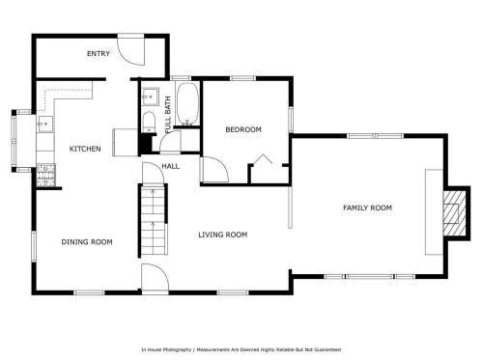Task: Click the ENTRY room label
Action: [x=99, y=54]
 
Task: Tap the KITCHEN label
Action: [x=85, y=149]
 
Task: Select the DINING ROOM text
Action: [x=87, y=242]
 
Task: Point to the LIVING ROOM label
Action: [x=223, y=235]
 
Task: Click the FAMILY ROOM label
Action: [x=367, y=208]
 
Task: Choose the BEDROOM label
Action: [x=243, y=129]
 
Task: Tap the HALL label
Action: [x=170, y=166]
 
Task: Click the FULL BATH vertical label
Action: [x=167, y=115]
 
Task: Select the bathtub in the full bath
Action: [x=187, y=104]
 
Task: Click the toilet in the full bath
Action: [x=149, y=122]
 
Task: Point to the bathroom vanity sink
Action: [x=150, y=97]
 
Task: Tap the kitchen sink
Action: [x=45, y=124]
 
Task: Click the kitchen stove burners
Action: [x=45, y=176]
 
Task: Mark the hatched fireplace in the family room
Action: [x=454, y=213]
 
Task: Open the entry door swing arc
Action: [x=130, y=49]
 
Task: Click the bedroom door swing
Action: [x=215, y=170]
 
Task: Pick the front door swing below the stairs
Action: [x=156, y=277]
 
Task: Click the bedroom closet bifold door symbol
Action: [x=262, y=159]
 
